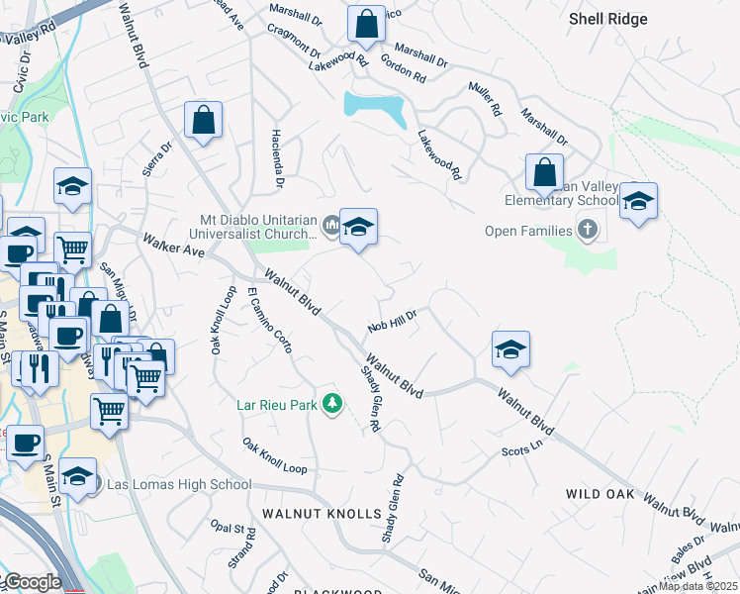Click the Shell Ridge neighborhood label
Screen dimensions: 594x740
(608, 19)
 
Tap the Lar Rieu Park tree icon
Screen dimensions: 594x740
(334, 404)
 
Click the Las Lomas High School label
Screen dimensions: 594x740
(178, 484)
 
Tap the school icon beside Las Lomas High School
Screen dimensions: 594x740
(77, 477)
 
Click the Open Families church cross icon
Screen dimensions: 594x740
(589, 231)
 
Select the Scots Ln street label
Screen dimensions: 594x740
(523, 448)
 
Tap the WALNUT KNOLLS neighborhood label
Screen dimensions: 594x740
(322, 514)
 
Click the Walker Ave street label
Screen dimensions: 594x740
(173, 246)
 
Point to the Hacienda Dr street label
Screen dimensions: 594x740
(278, 158)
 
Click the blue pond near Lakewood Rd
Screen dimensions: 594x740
(375, 108)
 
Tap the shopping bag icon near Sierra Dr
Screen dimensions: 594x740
(203, 121)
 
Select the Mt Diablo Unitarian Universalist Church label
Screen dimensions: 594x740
(263, 229)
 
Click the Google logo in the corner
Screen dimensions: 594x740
(32, 582)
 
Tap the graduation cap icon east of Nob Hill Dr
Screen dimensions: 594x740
(510, 349)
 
